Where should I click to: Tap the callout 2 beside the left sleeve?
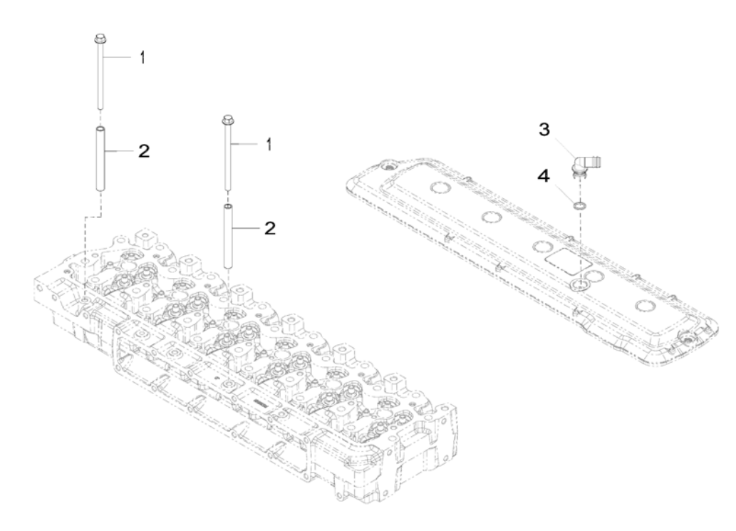click(144, 152)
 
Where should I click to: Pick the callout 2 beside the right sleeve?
click(270, 230)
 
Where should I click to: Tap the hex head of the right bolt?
click(228, 120)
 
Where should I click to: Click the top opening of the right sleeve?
click(229, 207)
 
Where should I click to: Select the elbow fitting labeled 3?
click(584, 166)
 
